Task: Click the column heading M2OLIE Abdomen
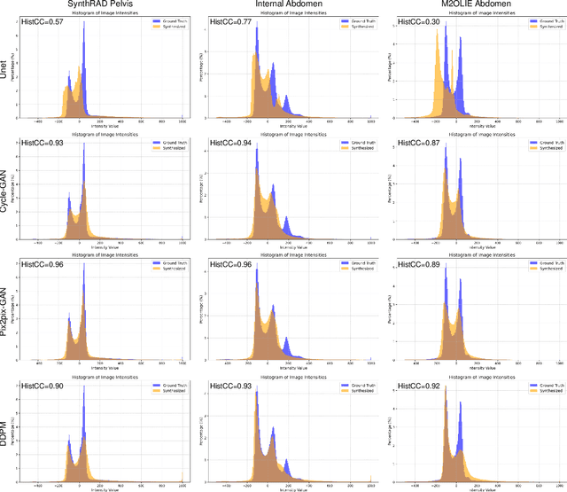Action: pos(475,6)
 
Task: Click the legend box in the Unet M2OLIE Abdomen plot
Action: pos(543,23)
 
